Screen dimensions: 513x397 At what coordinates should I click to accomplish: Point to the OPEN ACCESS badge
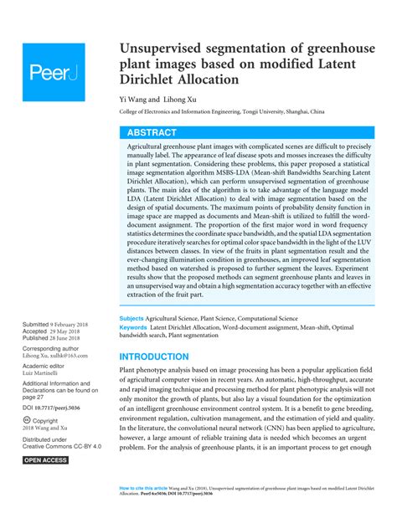[45, 460]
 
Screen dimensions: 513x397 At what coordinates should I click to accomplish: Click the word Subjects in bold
[131, 319]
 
